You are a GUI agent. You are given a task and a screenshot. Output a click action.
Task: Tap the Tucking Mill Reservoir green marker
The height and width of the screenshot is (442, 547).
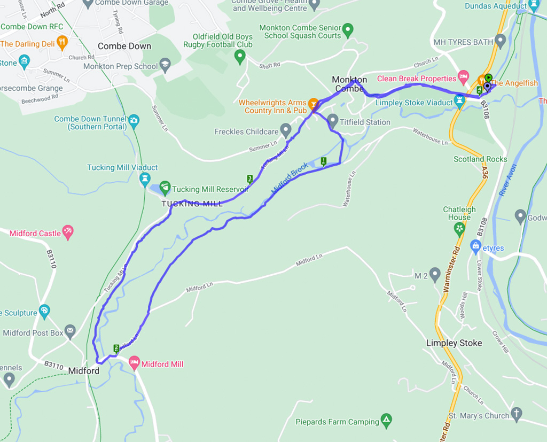(x=165, y=187)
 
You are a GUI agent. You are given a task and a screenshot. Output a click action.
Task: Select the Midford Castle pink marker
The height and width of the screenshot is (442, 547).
(x=68, y=231)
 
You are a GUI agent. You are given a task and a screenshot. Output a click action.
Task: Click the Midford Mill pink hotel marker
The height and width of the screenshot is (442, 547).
(x=134, y=363)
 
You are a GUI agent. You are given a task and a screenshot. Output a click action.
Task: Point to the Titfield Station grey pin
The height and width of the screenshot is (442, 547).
(x=333, y=120)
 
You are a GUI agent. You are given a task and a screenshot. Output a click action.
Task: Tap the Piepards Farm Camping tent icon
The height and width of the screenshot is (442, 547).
(x=386, y=420)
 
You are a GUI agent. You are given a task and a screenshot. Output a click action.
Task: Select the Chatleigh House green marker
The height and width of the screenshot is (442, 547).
(x=459, y=228)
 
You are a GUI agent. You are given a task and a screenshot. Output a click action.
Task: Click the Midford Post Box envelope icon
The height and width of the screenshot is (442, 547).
(x=70, y=332)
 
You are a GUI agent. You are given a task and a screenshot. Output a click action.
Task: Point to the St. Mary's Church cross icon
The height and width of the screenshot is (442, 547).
(x=516, y=413)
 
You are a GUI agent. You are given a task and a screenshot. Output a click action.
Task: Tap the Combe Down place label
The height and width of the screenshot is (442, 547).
(x=124, y=46)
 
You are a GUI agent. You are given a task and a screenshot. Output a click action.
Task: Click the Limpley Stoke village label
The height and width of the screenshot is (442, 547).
(x=454, y=343)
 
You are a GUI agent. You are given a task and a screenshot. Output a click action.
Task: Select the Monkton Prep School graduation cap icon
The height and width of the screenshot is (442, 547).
(x=165, y=65)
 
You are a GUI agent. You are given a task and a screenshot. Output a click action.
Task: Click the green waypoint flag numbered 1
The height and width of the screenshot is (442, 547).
(x=323, y=161)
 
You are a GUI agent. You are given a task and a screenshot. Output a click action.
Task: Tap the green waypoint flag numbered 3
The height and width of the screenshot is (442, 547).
(x=249, y=179)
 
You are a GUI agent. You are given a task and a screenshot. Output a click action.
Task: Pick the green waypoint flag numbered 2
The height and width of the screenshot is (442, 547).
(x=116, y=348)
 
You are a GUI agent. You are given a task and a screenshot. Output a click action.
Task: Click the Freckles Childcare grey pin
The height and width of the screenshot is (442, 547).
(x=286, y=129)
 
